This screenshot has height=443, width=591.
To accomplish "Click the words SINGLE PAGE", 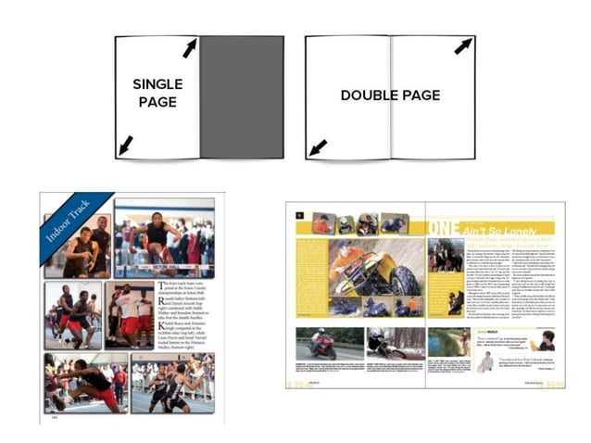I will coord(157,93).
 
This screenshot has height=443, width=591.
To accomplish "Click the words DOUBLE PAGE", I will coord(389,95).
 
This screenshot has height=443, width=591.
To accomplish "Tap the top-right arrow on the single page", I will coord(190,47).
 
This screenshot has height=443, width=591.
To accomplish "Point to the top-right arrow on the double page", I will coord(463,45).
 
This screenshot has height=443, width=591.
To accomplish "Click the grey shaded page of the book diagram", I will coord(241,97).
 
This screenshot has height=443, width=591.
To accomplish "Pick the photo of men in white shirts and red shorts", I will coord(129,315).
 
